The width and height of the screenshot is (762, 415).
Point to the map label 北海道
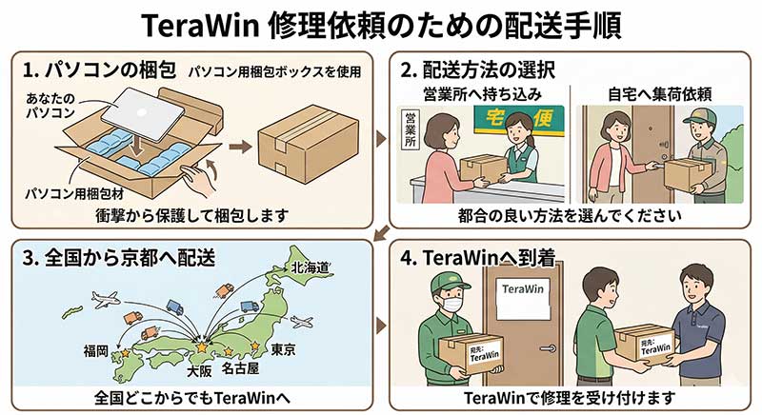point(310,267)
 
